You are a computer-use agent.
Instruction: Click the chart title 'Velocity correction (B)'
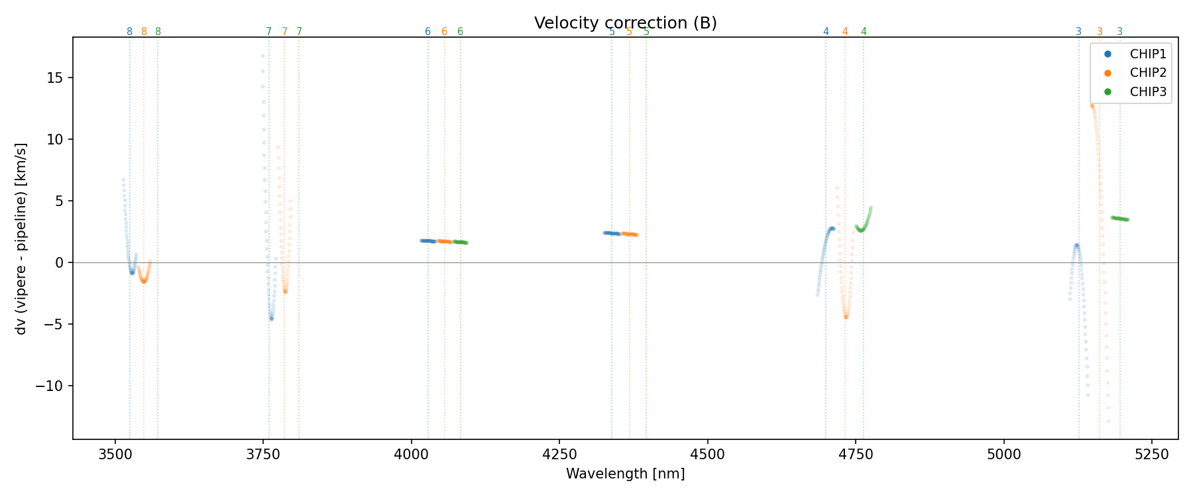pyautogui.click(x=625, y=23)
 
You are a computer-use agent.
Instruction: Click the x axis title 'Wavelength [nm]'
pyautogui.click(x=625, y=474)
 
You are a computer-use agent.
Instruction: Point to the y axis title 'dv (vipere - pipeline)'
pyautogui.click(x=21, y=238)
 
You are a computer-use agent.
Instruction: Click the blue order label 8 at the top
pyautogui.click(x=129, y=32)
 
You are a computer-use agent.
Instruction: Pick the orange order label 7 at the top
pyautogui.click(x=285, y=32)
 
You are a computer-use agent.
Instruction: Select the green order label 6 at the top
pyautogui.click(x=461, y=32)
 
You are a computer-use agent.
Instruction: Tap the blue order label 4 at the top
pyautogui.click(x=826, y=32)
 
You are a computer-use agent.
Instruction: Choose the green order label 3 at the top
pyautogui.click(x=1120, y=32)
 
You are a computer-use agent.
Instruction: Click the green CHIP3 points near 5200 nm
pyautogui.click(x=1120, y=219)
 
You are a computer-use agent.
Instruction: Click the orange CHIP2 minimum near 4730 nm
pyautogui.click(x=846, y=317)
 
